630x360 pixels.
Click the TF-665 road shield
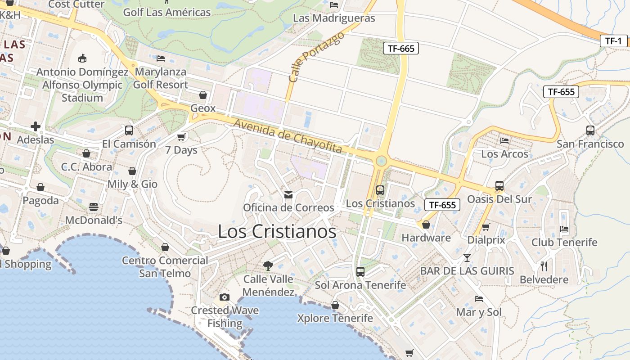pyautogui.click(x=400, y=48)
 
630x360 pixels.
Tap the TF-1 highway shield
pyautogui.click(x=613, y=41)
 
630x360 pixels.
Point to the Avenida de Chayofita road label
pyautogui.click(x=288, y=136)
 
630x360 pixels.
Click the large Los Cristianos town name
pyautogui.click(x=277, y=231)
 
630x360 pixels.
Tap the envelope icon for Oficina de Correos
pyautogui.click(x=288, y=194)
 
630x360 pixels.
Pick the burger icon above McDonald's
pyautogui.click(x=94, y=207)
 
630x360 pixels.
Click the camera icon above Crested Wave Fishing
pyautogui.click(x=224, y=297)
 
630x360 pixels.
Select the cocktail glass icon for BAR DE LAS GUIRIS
pyautogui.click(x=467, y=257)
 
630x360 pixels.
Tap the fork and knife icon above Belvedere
pyautogui.click(x=544, y=266)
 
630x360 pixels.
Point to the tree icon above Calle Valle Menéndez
pyautogui.click(x=268, y=265)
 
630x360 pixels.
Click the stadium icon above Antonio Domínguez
pyautogui.click(x=82, y=58)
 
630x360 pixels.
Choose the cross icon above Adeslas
pyautogui.click(x=36, y=126)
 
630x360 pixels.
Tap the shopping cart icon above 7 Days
pyautogui.click(x=181, y=137)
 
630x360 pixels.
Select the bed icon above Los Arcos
pyautogui.click(x=504, y=140)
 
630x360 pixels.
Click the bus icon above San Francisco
pyautogui.click(x=590, y=130)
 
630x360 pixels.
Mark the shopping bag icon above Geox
pyautogui.click(x=203, y=95)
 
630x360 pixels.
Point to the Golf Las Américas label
pyautogui.click(x=167, y=12)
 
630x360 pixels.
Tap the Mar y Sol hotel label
pyautogui.click(x=479, y=312)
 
